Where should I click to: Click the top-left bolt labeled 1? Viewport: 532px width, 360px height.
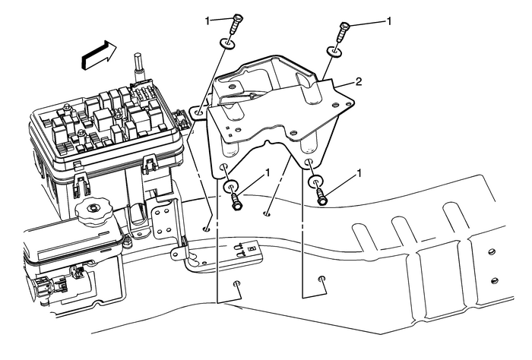pos(236,24)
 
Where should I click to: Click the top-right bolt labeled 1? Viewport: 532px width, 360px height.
pos(342,31)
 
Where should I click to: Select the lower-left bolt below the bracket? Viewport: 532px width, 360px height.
pos(236,201)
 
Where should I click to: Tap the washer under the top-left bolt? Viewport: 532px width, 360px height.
pos(227,44)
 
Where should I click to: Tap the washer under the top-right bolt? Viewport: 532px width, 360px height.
pos(334,52)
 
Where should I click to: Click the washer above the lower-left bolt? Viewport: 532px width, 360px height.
pos(230,186)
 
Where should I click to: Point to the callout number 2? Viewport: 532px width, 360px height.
pos(358,82)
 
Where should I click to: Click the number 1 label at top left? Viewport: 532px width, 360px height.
pos(207,21)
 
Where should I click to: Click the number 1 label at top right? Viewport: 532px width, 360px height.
pos(389,21)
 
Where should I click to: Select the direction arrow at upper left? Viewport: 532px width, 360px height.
pos(99,55)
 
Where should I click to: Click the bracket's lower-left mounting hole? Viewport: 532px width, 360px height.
pos(223,166)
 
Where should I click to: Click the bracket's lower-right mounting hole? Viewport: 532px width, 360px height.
pos(309,162)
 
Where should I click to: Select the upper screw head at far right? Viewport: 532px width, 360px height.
pos(492,251)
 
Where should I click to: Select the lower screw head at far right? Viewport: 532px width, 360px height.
pos(494,281)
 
